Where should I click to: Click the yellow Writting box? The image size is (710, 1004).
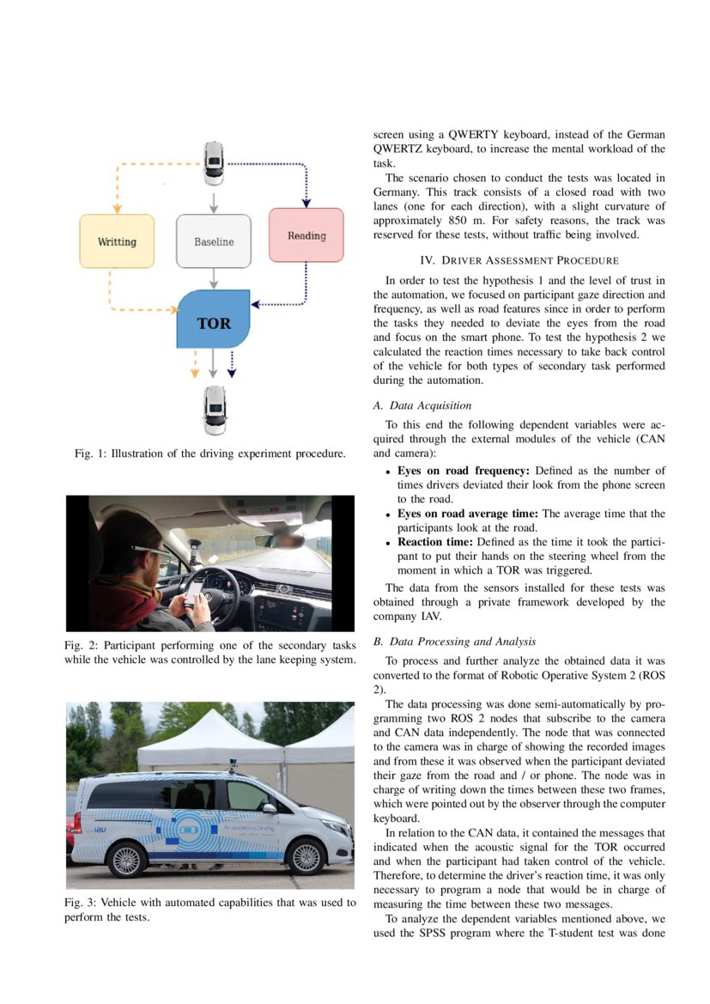(117, 241)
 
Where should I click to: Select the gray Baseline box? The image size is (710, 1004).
(214, 241)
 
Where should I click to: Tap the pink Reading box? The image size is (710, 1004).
(306, 234)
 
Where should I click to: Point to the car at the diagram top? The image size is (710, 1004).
(214, 163)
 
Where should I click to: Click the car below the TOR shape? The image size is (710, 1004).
(214, 410)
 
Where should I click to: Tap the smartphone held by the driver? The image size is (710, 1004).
(195, 590)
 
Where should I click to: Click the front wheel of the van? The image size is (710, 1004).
(305, 856)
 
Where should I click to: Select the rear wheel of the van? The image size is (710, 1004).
(125, 859)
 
